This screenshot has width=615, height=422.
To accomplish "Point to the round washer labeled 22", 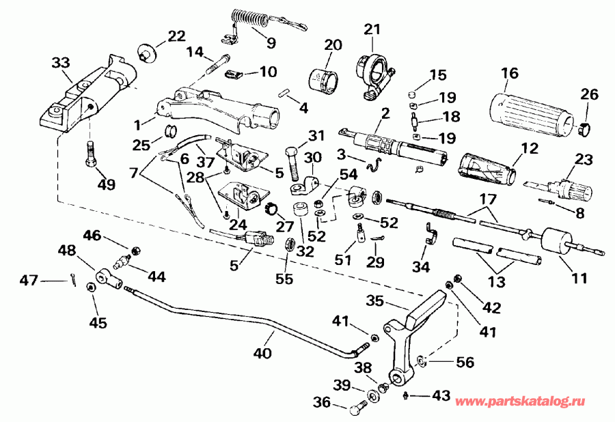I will pos(145,52).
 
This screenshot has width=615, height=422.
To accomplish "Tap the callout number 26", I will pos(588,94).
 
